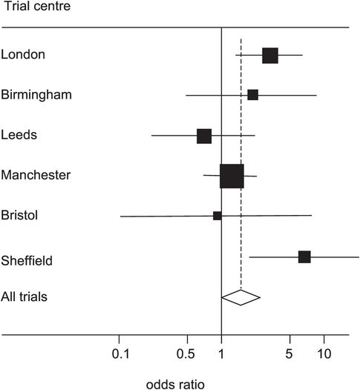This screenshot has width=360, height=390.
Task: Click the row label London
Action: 23,55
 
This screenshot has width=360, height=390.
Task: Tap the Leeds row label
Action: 19,135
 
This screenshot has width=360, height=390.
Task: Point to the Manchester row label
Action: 36,175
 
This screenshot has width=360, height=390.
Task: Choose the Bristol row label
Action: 19,215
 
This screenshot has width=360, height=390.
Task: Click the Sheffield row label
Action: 27,260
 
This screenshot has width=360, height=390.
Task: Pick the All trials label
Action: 24,297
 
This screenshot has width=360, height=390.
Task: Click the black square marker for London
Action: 270,55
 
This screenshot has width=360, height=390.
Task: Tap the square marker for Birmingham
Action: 252,95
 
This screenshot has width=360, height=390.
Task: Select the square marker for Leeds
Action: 204,136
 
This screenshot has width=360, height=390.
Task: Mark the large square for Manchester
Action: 232,176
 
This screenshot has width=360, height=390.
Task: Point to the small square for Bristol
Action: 217,216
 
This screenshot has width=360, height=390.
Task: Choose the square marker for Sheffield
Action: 304,257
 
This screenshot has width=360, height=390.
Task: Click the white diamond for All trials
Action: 240,297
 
